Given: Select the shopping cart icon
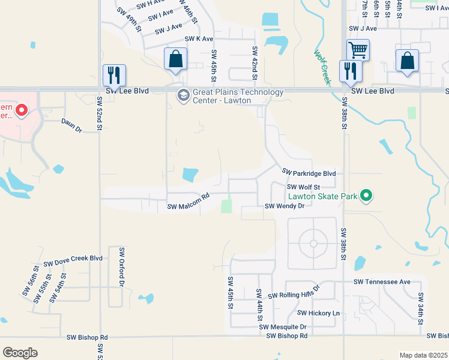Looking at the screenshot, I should point(358,50).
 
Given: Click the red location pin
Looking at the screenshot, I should point(22,110).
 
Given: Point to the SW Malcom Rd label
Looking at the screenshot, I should point(187,206).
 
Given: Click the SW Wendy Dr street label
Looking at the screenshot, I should point(285,206).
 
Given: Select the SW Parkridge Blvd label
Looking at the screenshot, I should point(308,173).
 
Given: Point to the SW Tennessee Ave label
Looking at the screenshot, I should point(382,281).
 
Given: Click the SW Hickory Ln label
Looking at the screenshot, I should point(318,313).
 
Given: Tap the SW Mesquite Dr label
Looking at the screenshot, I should point(283,327).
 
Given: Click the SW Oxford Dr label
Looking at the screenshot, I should point(121,266).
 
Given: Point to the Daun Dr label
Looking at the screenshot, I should point(71,122).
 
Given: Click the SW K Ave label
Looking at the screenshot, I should point(199,38).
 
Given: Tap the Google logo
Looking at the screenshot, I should point(20,353).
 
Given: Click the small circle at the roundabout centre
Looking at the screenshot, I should point(313,243).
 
